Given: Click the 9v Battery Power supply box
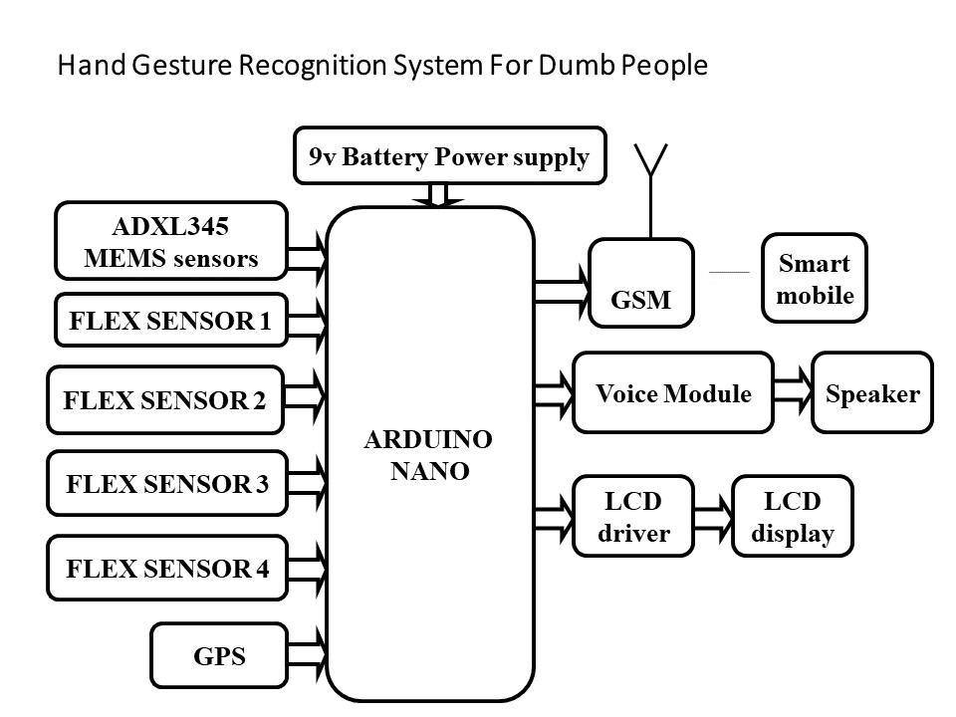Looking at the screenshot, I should [x=450, y=156].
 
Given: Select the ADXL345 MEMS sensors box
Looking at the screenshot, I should [x=171, y=243].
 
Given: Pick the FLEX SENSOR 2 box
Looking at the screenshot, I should [x=165, y=400].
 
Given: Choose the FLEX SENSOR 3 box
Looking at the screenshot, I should [x=166, y=485].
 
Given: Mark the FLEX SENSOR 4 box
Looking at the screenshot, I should [x=166, y=569].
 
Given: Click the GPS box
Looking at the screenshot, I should [x=219, y=656].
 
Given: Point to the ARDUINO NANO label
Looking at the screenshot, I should [x=429, y=455].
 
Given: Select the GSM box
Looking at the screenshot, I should [x=641, y=284].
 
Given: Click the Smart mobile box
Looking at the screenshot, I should [x=815, y=279].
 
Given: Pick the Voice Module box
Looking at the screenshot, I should [x=673, y=392].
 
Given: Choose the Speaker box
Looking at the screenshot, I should [x=872, y=392].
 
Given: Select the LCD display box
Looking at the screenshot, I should [x=793, y=517].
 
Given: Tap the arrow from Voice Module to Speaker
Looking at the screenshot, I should [x=793, y=392].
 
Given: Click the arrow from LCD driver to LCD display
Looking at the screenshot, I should [x=713, y=517].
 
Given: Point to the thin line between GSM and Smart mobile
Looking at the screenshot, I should [x=729, y=272].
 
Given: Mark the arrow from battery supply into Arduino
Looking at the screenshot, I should [x=438, y=195].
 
